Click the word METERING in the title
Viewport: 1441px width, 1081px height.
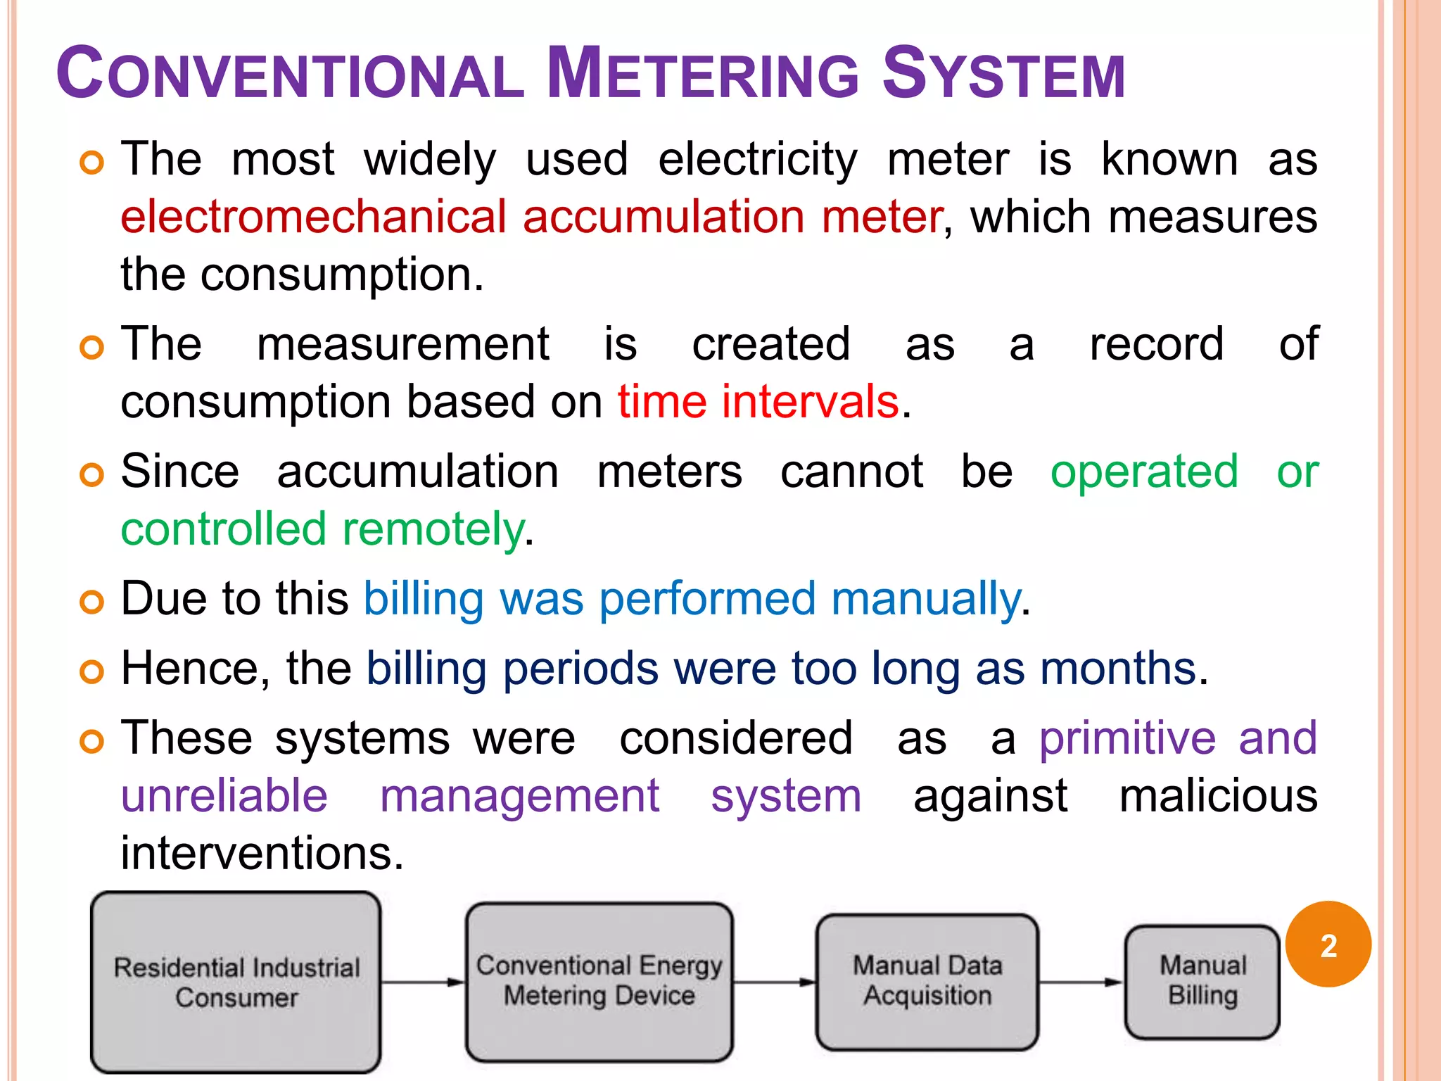click(x=702, y=73)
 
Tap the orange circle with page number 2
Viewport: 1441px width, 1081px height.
click(x=1328, y=944)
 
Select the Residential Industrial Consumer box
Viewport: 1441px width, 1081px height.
click(x=236, y=982)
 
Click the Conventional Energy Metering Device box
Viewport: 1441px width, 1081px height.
click(x=599, y=981)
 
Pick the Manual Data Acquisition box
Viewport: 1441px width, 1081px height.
click(x=927, y=981)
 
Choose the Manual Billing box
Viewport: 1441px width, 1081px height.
click(x=1202, y=981)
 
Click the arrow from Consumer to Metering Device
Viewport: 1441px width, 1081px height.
click(x=423, y=982)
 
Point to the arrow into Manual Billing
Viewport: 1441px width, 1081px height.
click(x=1081, y=982)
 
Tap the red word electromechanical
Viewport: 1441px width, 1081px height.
click(x=313, y=216)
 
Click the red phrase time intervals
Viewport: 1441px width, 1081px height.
click(x=758, y=402)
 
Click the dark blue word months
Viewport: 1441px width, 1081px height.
click(x=1119, y=668)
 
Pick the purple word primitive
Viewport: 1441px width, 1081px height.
click(x=1127, y=738)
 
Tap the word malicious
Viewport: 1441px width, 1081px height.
click(x=1218, y=796)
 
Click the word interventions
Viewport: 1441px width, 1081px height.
click(x=262, y=854)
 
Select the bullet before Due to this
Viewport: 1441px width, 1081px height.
click(x=92, y=602)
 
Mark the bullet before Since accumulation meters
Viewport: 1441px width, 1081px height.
click(x=92, y=475)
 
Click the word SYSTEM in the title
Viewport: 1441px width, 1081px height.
click(x=1003, y=73)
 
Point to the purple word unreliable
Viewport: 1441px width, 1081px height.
click(x=224, y=796)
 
